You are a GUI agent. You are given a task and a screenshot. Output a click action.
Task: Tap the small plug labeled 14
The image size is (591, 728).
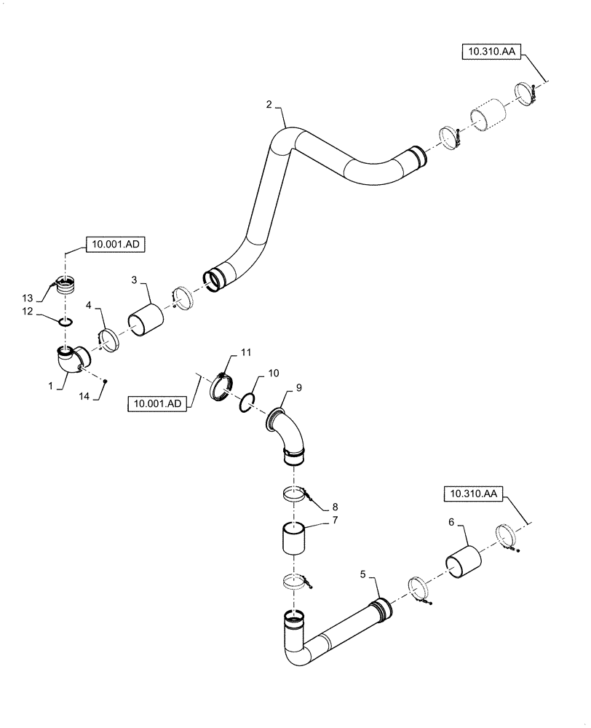(106, 381)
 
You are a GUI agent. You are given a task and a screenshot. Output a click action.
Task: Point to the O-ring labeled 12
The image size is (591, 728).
(66, 321)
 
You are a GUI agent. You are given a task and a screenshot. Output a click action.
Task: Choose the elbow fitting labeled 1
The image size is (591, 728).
(70, 362)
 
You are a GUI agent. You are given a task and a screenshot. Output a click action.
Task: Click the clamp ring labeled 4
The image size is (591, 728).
(108, 341)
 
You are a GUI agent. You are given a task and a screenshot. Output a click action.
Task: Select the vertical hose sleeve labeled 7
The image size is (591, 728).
(296, 539)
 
